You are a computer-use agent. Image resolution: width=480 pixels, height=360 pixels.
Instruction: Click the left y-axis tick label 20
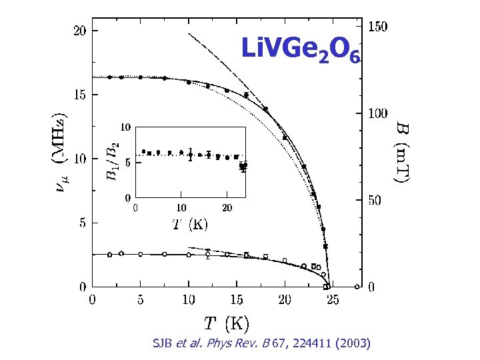79,31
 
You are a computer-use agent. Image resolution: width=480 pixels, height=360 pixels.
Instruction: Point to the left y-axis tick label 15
79,95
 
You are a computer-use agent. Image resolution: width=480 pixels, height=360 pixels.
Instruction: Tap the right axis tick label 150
379,27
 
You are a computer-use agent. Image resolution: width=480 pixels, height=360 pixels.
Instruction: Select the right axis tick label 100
379,113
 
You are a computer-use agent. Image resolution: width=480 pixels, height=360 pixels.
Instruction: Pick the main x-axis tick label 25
332,301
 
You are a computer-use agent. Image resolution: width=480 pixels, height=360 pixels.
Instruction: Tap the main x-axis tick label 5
140,301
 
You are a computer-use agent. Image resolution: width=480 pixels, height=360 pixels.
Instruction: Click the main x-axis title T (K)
227,324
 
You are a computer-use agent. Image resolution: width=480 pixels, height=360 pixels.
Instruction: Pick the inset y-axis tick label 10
124,127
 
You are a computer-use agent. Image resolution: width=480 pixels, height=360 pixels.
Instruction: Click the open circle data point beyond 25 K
357,287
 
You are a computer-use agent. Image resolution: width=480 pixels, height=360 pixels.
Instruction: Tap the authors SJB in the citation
163,343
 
